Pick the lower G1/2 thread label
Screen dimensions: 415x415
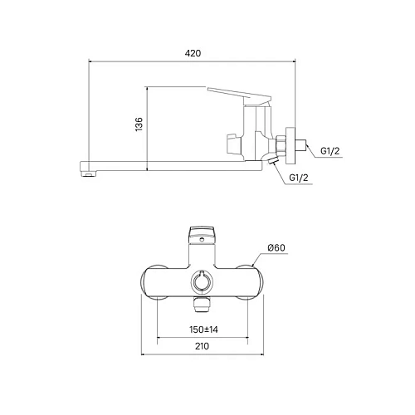(x=300, y=178)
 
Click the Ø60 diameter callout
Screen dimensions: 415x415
(x=276, y=248)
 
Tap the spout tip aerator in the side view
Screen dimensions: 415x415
(x=85, y=173)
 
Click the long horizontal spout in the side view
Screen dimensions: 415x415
(x=166, y=162)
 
